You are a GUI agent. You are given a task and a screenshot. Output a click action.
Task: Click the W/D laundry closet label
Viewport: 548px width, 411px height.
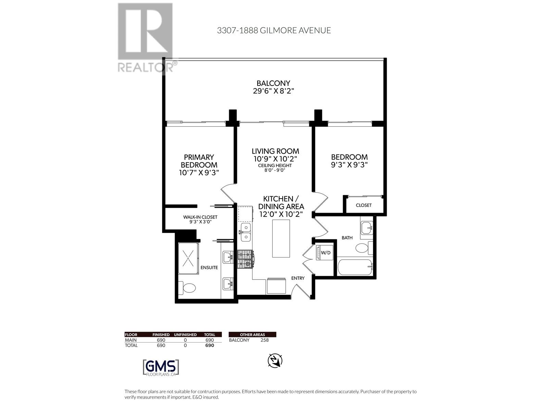(325, 253)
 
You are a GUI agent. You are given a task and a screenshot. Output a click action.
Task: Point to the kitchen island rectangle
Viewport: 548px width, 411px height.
(281, 238)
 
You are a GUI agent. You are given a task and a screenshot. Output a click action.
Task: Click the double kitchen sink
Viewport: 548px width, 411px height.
(246, 232)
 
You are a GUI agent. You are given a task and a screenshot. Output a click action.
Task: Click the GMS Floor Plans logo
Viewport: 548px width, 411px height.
(161, 368)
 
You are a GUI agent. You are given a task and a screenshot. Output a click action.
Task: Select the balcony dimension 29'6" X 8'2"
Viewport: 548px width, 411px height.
(273, 91)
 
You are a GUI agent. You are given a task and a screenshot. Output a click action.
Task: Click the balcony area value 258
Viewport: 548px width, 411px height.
(264, 340)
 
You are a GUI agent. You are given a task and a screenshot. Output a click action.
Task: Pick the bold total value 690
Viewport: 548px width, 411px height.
(209, 345)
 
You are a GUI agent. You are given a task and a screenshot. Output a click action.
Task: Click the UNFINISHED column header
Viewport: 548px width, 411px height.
(185, 335)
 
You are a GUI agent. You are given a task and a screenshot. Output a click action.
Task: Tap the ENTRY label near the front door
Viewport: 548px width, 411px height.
(298, 278)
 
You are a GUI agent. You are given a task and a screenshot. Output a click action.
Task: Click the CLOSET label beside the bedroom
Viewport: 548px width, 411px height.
(363, 205)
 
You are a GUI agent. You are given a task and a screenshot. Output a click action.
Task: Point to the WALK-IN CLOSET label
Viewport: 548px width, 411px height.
(200, 217)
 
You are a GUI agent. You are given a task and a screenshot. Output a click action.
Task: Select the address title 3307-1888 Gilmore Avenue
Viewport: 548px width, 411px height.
(274, 30)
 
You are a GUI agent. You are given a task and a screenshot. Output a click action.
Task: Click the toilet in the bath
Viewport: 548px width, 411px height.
(362, 248)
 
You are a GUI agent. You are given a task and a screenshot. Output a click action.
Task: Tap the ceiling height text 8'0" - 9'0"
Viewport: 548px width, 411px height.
(275, 170)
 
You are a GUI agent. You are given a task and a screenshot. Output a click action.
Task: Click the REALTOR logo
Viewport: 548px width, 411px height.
(146, 38)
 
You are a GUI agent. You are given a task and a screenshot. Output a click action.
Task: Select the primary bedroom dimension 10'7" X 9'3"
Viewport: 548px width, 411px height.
(199, 173)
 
